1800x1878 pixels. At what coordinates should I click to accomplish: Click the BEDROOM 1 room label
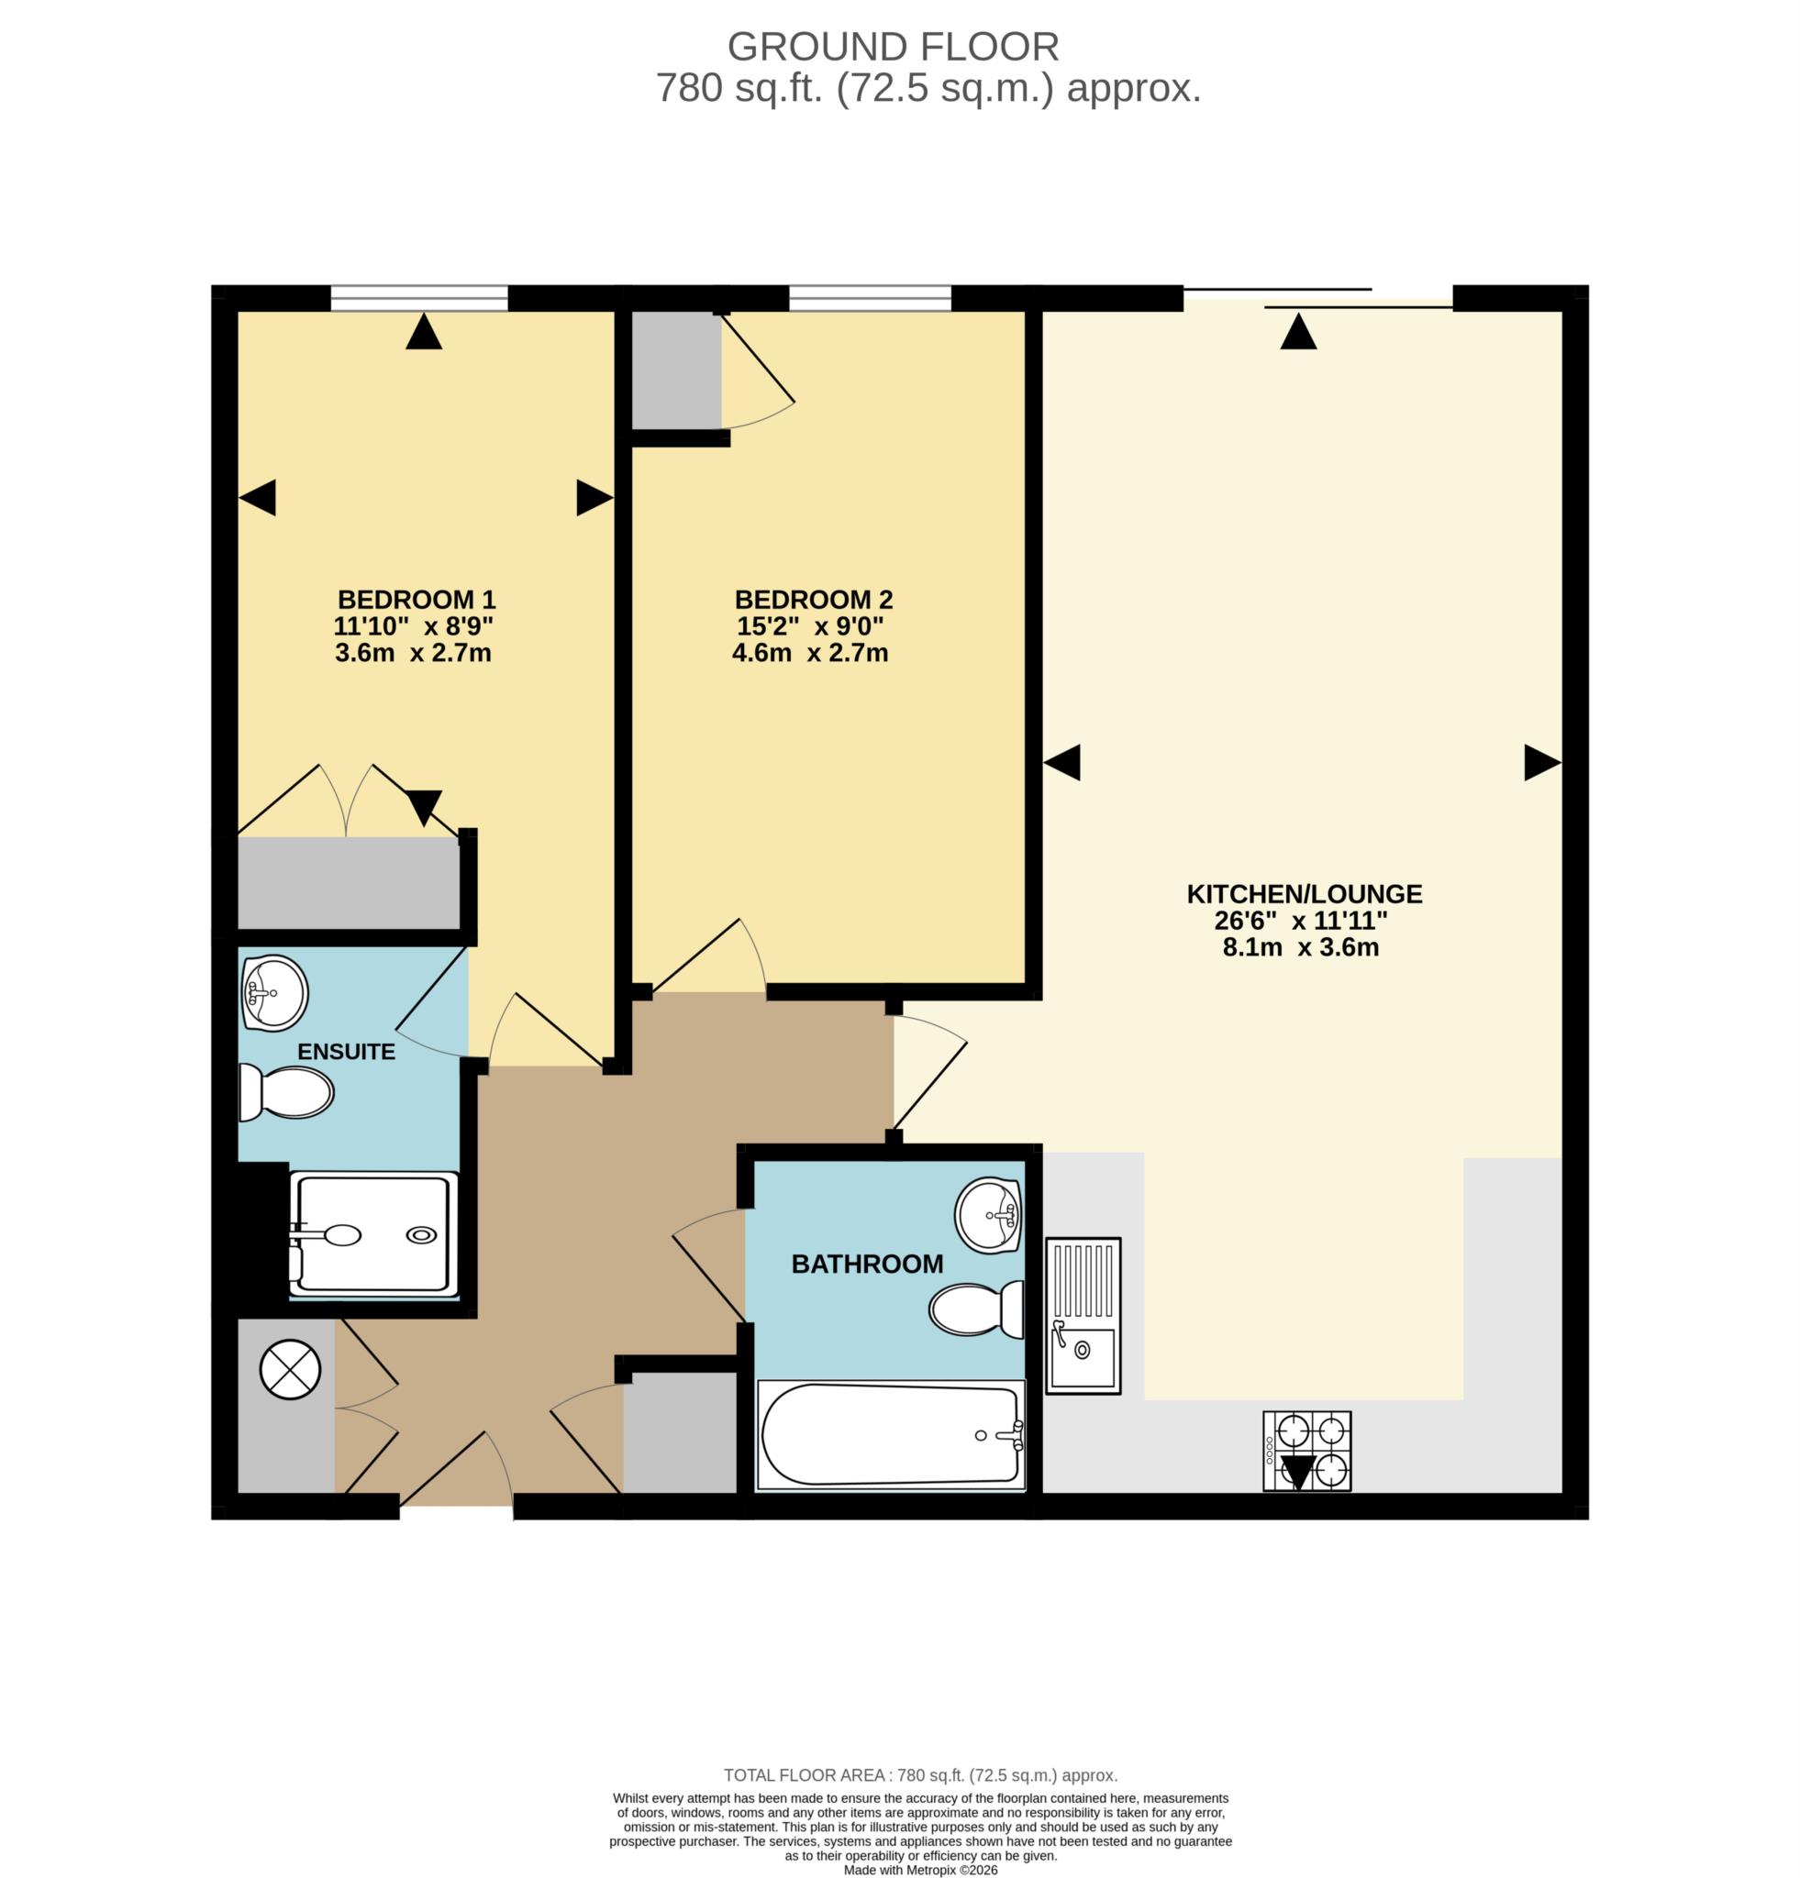tap(416, 600)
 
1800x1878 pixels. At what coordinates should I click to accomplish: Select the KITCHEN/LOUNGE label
tap(1304, 894)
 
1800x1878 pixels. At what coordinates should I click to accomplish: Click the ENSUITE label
tap(346, 1052)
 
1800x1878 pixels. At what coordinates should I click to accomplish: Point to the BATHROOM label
tap(866, 1264)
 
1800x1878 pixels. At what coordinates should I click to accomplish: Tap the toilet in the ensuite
tap(286, 1093)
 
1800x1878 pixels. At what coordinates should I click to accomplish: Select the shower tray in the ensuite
tap(373, 1235)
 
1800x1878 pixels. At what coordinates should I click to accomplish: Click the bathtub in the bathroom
tap(891, 1434)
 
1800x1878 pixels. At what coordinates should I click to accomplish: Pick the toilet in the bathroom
tap(974, 1309)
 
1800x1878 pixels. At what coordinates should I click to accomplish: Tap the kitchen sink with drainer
tap(1082, 1314)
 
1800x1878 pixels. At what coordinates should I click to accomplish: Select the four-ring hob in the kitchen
tap(1306, 1450)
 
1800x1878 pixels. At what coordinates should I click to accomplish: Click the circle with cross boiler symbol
tap(290, 1368)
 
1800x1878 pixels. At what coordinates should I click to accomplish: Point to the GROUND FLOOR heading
tap(893, 46)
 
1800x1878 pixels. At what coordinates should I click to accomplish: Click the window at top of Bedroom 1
tap(419, 299)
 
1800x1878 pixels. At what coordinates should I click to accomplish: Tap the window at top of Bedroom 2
tap(870, 299)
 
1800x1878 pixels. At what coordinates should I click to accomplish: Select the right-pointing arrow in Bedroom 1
tap(594, 498)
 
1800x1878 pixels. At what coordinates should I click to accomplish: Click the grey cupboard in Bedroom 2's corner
tap(676, 370)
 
